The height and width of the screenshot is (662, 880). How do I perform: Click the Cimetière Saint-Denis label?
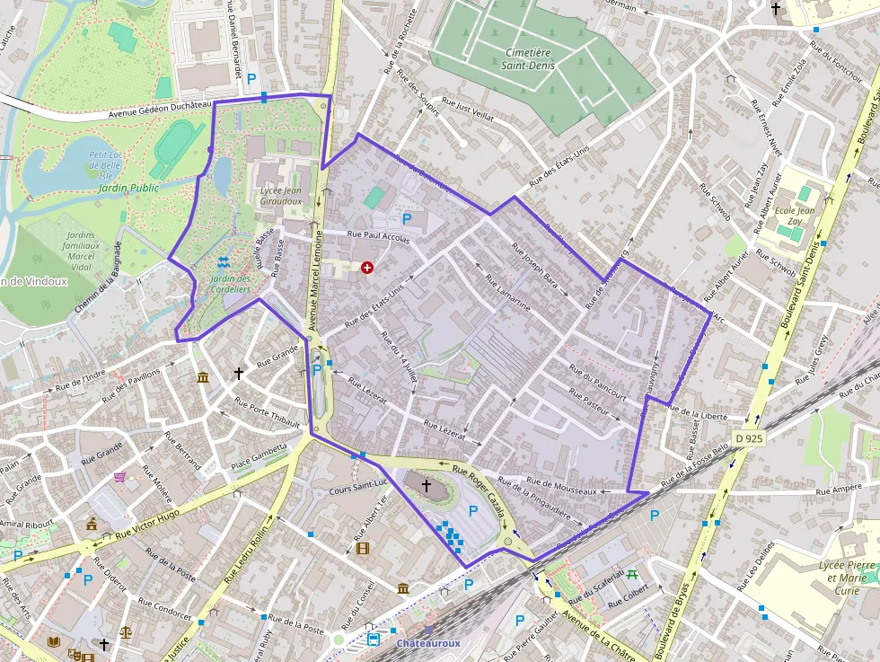pyautogui.click(x=527, y=58)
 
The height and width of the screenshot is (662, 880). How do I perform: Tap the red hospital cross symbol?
pyautogui.click(x=366, y=268)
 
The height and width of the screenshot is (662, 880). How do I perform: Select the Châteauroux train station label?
pyautogui.click(x=428, y=643)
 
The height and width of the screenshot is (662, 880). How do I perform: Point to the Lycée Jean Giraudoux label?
pyautogui.click(x=280, y=197)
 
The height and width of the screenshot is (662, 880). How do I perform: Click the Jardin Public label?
pyautogui.click(x=128, y=188)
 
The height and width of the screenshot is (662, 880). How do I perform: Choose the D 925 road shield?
pyautogui.click(x=749, y=437)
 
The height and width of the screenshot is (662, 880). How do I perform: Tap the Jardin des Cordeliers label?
pyautogui.click(x=229, y=284)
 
